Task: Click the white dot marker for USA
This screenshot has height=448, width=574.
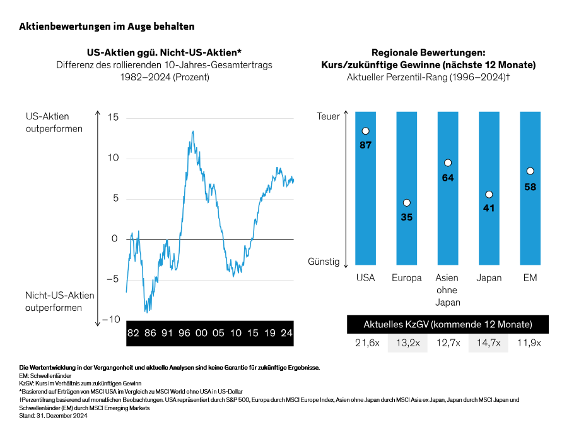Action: point(365,131)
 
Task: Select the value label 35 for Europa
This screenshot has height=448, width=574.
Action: point(406,217)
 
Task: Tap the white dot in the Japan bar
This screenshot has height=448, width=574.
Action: point(489,195)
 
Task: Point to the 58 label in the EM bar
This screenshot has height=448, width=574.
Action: point(530,187)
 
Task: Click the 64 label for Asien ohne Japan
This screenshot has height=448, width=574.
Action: point(448,178)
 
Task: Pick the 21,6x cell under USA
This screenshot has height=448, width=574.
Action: point(365,343)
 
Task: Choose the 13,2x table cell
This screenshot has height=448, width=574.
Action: point(407,343)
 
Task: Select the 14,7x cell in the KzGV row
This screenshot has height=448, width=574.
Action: point(489,343)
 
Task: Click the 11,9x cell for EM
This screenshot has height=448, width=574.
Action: point(530,343)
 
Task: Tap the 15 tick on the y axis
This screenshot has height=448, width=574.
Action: point(113,117)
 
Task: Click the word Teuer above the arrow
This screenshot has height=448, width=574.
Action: point(328,116)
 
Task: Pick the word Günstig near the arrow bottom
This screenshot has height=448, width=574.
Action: point(324,261)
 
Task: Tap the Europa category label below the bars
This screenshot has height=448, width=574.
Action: point(406,278)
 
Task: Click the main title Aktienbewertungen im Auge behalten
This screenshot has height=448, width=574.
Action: point(107,27)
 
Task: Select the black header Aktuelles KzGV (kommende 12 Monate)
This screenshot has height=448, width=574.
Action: point(448,324)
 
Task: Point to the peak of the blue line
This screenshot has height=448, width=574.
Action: point(193,131)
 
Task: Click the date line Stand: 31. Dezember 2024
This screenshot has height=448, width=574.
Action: point(53,415)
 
